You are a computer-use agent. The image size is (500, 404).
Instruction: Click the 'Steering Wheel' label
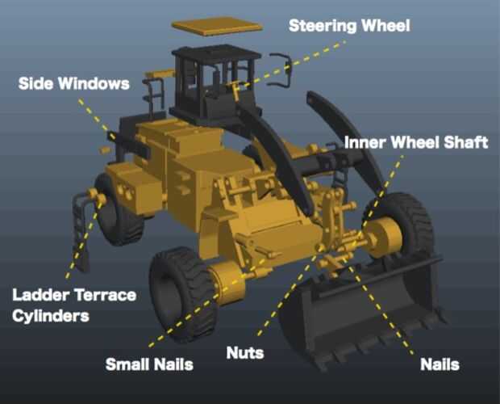coord(349,26)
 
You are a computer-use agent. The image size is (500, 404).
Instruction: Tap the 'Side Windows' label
coord(74,84)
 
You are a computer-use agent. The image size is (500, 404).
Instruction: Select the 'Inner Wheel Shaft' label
coord(416,142)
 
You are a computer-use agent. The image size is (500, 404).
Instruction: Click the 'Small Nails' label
coord(149,364)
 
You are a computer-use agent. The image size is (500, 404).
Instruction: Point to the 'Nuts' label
coord(245,353)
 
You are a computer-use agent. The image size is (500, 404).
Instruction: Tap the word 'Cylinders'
coord(51,316)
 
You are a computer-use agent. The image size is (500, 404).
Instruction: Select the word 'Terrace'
coord(104,295)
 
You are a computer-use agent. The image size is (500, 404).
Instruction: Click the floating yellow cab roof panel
coord(217,26)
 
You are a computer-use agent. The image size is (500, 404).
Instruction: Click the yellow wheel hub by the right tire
coord(382,237)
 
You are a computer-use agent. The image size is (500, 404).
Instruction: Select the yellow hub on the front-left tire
coord(227,282)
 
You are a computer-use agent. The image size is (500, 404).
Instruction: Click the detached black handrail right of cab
coord(281,70)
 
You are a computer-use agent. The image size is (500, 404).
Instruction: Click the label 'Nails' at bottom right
coord(440,364)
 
